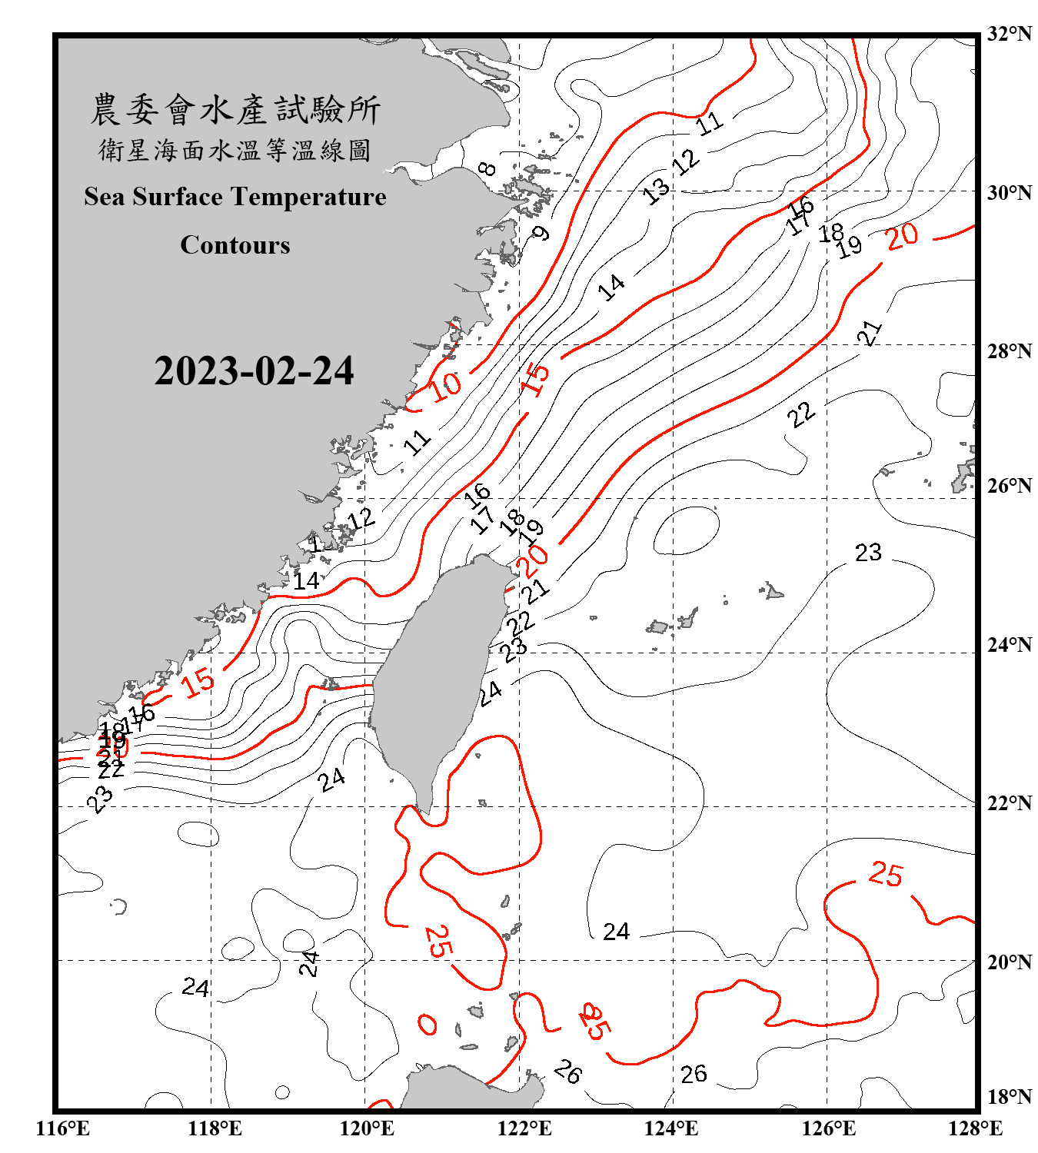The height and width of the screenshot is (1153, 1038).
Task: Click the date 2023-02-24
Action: [x=254, y=371]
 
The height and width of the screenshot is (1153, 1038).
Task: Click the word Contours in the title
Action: [x=235, y=245]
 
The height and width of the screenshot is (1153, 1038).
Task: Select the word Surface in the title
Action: [x=178, y=197]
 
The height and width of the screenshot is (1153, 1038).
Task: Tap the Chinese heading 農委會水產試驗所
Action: [x=235, y=110]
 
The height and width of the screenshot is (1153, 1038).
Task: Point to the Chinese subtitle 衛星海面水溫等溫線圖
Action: [x=235, y=150]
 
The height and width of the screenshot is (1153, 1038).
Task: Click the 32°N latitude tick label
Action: [x=1009, y=34]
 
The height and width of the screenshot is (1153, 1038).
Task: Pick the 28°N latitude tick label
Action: [x=1009, y=351]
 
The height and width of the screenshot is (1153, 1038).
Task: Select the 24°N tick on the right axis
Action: [x=1009, y=645]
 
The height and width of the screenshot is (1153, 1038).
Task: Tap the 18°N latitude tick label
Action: [x=1009, y=1097]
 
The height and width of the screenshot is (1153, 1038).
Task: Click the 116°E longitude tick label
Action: [x=63, y=1128]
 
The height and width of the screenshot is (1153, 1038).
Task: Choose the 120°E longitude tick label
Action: [x=367, y=1128]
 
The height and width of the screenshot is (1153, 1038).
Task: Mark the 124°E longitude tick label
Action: [x=671, y=1128]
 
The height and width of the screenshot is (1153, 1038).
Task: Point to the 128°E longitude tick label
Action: [x=975, y=1128]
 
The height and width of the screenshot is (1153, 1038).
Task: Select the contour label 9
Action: [x=542, y=232]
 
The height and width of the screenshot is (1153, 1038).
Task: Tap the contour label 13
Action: [x=656, y=191]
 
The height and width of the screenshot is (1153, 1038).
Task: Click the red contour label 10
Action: [x=445, y=386]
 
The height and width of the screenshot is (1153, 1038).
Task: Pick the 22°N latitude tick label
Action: [x=1009, y=803]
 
